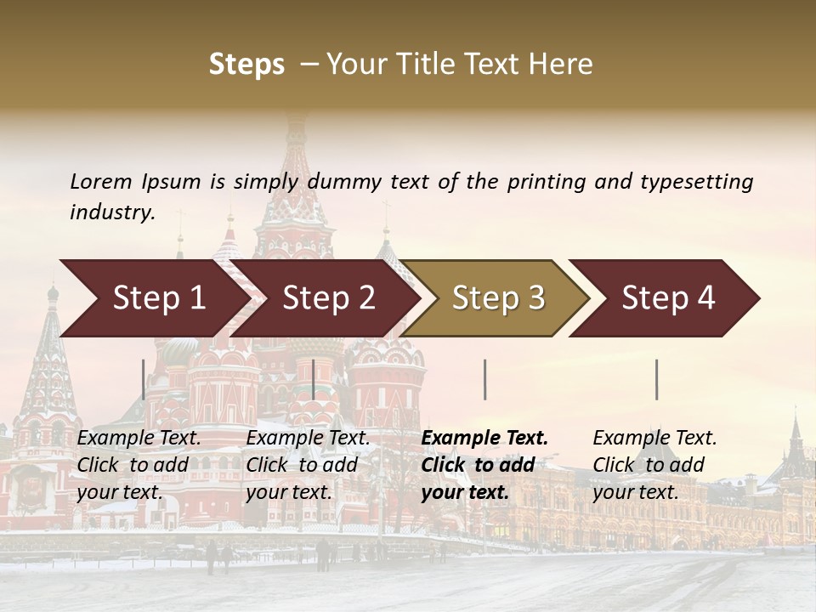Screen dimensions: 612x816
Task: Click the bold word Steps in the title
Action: (246, 65)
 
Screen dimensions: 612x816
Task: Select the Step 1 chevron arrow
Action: (153, 298)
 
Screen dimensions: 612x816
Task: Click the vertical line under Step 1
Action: (144, 379)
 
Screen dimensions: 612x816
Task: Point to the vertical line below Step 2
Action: (314, 379)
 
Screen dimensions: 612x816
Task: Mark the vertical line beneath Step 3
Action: (484, 379)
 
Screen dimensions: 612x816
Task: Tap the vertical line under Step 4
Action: (656, 379)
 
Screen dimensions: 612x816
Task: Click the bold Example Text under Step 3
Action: (484, 439)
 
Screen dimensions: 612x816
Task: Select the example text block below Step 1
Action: (139, 465)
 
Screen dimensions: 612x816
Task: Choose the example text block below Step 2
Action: (308, 465)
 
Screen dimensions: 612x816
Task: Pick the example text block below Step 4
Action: (654, 465)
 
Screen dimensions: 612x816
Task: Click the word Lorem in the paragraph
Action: (101, 181)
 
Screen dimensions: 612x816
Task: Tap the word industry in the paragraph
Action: (112, 212)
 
